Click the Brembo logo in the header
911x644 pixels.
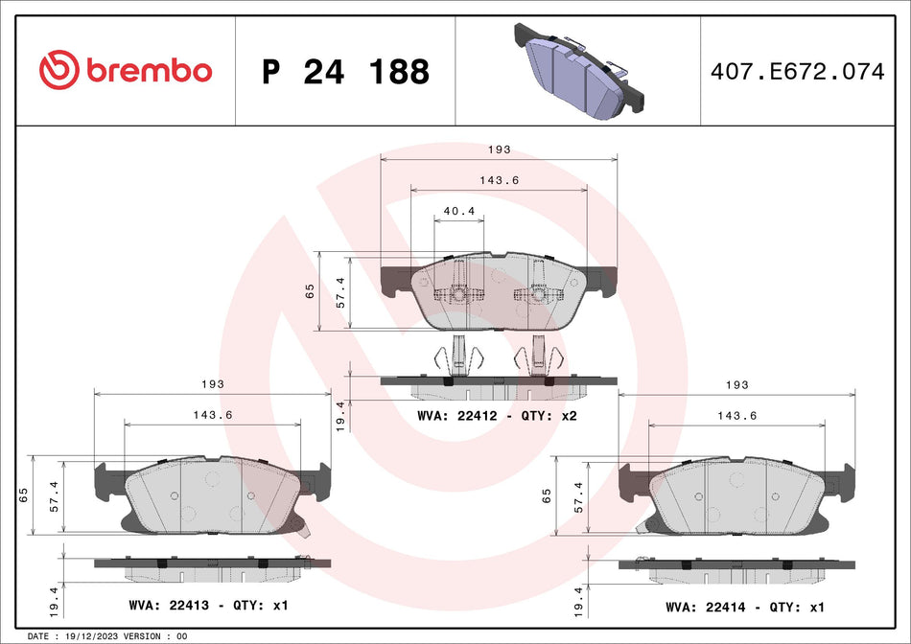coord(126,70)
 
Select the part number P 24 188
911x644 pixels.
coord(345,71)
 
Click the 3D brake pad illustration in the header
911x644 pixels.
coord(578,71)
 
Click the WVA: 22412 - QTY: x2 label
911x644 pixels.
coord(496,416)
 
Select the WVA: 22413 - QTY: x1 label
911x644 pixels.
coord(208,606)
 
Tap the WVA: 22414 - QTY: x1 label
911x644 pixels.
coord(744,608)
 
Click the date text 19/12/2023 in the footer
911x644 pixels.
coord(110,636)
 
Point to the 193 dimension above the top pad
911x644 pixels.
coord(499,149)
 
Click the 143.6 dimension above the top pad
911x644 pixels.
coord(499,180)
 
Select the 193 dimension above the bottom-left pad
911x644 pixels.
coord(213,383)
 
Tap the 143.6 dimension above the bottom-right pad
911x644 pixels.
coord(736,415)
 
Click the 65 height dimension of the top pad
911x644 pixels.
coord(310,291)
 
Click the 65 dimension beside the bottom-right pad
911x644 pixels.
coord(546,495)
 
